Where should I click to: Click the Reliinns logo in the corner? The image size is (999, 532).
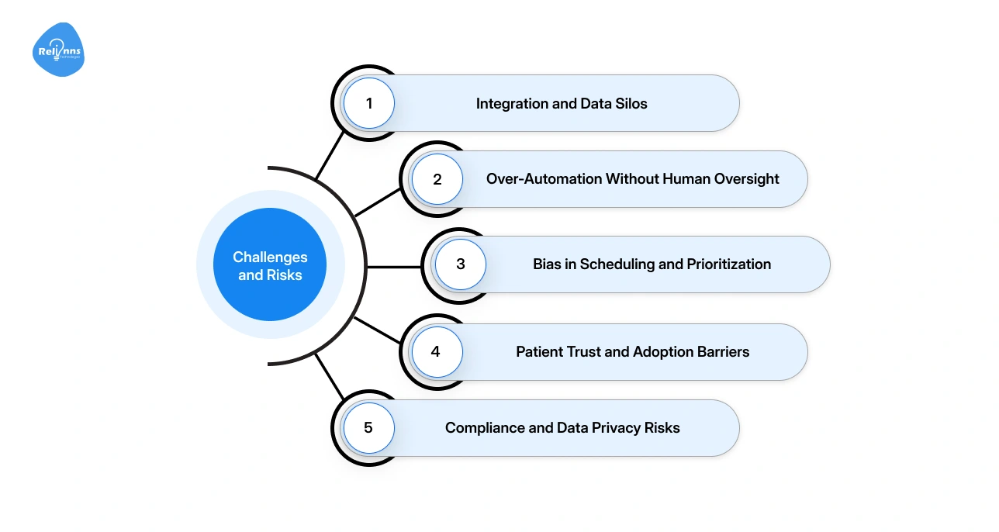[59, 50]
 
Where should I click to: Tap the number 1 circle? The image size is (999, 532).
[369, 103]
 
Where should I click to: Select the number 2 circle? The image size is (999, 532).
[437, 179]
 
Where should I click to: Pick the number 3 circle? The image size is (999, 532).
[460, 264]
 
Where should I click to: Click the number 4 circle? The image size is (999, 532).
[435, 352]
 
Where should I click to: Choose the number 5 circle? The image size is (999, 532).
[368, 428]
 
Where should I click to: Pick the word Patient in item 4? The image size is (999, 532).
[540, 352]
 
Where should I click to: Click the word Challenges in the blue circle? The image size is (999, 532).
[270, 257]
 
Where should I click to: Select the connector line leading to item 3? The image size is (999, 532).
[394, 267]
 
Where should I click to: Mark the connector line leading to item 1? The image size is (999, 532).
[329, 154]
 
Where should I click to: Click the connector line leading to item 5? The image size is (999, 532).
[329, 375]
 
